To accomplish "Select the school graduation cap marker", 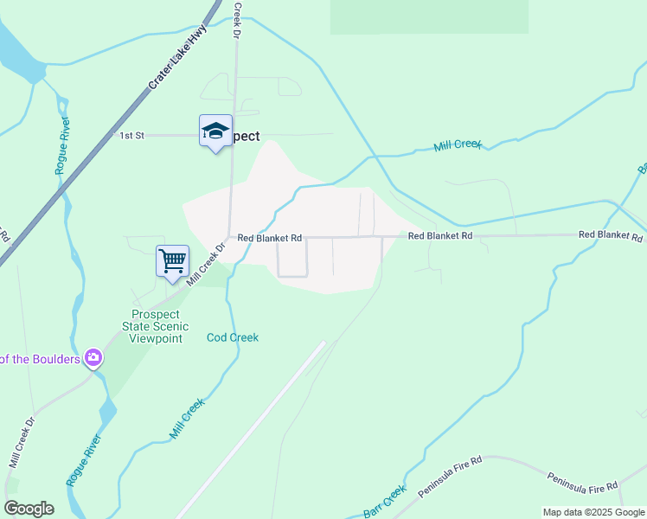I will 215,131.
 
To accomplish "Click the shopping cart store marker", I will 172,260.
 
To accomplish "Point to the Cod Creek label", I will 233,337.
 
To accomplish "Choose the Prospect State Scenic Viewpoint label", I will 156,326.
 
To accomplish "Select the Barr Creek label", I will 385,503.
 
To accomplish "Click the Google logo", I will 29,509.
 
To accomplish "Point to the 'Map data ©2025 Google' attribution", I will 593,512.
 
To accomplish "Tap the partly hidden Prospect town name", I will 246,136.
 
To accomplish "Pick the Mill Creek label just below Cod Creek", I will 187,417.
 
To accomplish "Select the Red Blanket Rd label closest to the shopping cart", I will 269,238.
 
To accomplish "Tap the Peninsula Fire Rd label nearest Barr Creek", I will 448,477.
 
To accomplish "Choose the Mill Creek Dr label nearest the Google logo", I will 22,443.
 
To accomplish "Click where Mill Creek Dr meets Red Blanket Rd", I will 227,239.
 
